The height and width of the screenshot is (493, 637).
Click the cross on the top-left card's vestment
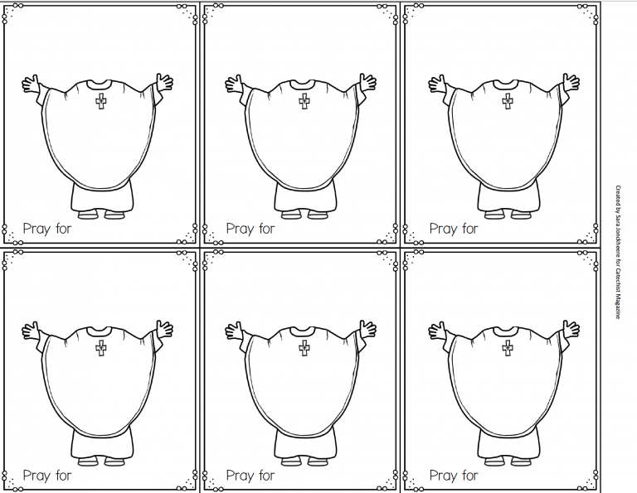click(x=101, y=102)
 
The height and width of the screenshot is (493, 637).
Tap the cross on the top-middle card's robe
click(x=304, y=102)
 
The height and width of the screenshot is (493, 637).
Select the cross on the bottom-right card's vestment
click(x=507, y=349)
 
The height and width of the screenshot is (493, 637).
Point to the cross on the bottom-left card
click(x=101, y=349)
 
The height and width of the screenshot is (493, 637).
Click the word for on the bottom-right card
click(x=469, y=476)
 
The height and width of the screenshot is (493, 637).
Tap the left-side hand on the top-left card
click(x=31, y=84)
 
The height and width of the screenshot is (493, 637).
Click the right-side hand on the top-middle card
click(x=367, y=82)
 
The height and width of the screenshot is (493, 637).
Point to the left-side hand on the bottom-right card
click(x=436, y=331)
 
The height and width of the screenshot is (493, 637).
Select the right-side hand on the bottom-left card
click(x=165, y=329)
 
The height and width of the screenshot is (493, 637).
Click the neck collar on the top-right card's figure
click(x=507, y=83)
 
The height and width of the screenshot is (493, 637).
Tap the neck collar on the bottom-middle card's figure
click(x=304, y=330)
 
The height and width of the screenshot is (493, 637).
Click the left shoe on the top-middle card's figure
click(x=290, y=215)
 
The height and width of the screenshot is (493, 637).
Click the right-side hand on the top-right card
click(x=571, y=82)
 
